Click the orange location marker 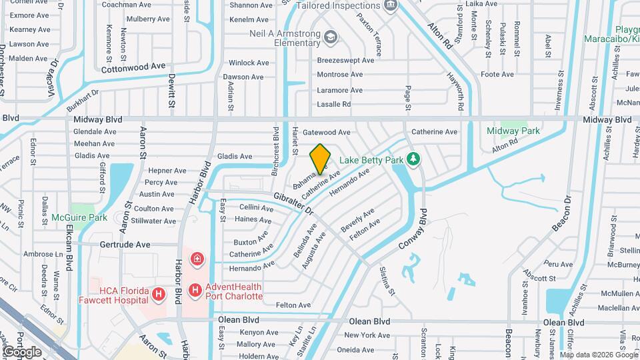(x=320, y=158)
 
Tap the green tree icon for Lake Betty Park (x=414, y=159)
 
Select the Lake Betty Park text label (x=372, y=160)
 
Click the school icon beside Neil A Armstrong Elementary (x=331, y=36)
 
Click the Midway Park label (x=513, y=131)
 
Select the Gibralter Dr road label (x=293, y=203)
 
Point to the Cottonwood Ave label (x=133, y=67)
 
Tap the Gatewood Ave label (x=326, y=132)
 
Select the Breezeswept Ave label (x=345, y=60)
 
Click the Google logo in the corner (x=22, y=351)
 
